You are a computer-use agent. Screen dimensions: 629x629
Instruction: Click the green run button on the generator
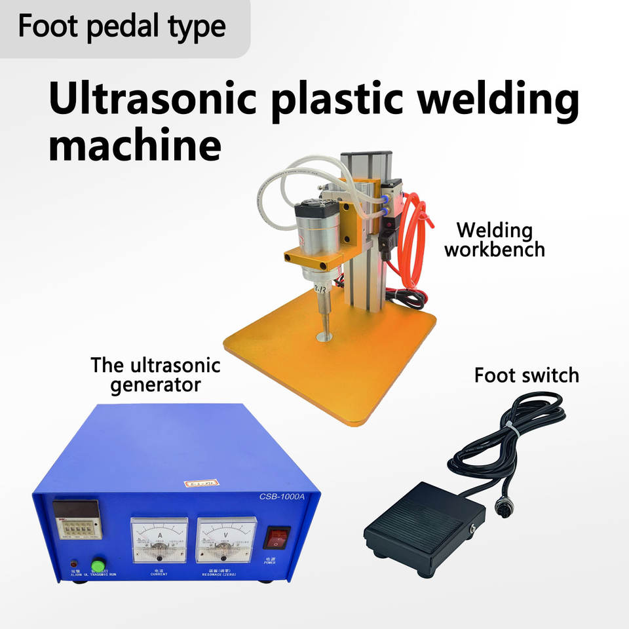point(98,565)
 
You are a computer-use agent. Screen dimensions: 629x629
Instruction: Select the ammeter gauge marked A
point(159,539)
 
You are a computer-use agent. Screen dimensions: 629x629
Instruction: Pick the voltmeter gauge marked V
point(225,539)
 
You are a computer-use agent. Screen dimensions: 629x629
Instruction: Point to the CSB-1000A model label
point(284,496)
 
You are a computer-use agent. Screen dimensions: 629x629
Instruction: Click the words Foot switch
point(527,375)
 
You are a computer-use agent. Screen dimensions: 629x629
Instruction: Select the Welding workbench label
point(494,240)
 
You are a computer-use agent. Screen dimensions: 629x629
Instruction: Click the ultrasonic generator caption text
point(155,374)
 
